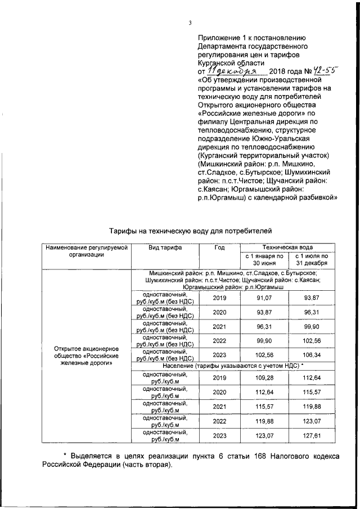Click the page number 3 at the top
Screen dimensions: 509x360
pyautogui.click(x=190, y=22)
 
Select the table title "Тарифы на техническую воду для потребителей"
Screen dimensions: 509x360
pyautogui.click(x=190, y=231)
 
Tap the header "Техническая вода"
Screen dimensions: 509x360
pyautogui.click(x=288, y=247)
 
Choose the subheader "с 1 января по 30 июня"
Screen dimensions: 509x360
pyautogui.click(x=264, y=259)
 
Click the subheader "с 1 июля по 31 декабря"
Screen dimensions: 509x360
pyautogui.click(x=311, y=259)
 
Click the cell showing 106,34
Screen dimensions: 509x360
pyautogui.click(x=311, y=355)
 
